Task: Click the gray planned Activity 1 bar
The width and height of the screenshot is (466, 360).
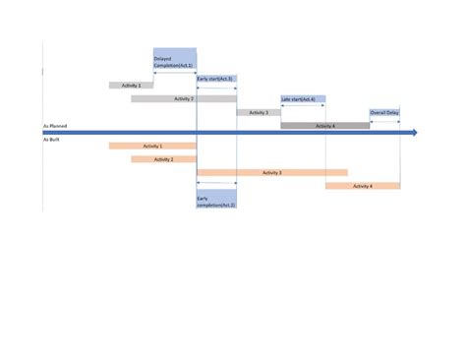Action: [131, 86]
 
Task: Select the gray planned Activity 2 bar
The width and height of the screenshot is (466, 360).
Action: [184, 99]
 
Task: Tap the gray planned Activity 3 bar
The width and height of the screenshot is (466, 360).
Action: [258, 113]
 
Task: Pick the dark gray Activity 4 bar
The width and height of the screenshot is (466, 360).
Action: [325, 126]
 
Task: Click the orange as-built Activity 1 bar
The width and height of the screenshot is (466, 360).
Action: [152, 146]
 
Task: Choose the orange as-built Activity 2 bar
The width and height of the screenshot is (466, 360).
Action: [163, 159]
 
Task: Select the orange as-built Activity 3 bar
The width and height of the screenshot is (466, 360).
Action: [272, 172]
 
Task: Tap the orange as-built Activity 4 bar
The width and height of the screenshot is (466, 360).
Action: [362, 186]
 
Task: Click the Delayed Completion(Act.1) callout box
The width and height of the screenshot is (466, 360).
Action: [174, 61]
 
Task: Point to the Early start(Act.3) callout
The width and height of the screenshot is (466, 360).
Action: [215, 79]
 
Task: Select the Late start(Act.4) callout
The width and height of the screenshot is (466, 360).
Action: [302, 99]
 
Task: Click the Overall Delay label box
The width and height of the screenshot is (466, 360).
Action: [384, 113]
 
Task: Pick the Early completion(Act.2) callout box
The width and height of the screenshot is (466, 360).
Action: [215, 201]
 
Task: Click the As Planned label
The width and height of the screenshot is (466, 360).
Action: [54, 126]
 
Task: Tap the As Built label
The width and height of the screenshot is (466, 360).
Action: [51, 140]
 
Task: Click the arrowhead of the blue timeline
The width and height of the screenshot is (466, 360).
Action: [414, 133]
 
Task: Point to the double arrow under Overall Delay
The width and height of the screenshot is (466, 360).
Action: [384, 121]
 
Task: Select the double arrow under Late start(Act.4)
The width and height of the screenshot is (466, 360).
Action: [303, 107]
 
